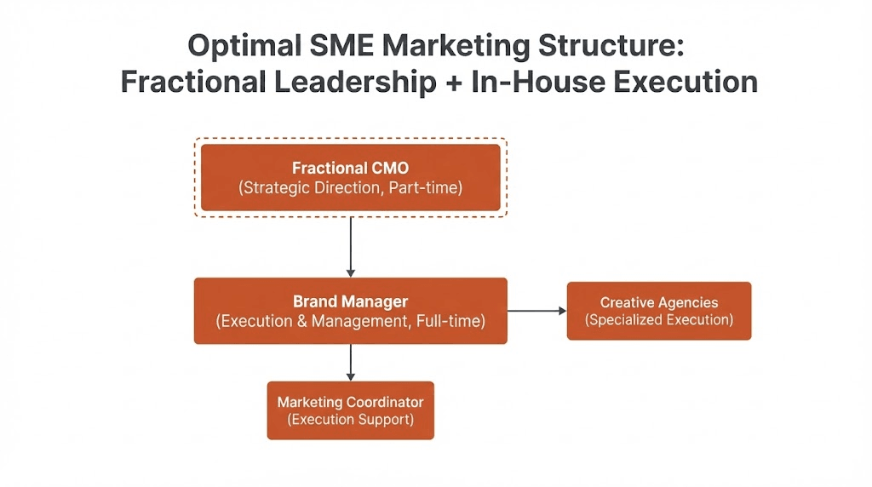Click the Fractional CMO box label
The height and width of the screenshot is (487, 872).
click(x=350, y=168)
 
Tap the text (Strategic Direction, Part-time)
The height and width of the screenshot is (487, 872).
click(x=350, y=187)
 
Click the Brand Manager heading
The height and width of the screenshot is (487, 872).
click(x=350, y=301)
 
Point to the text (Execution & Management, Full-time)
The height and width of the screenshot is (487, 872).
click(x=350, y=322)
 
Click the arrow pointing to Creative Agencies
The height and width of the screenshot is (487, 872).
click(x=536, y=311)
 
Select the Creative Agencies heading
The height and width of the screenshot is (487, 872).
click(x=659, y=302)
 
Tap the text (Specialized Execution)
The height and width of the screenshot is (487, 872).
click(x=659, y=320)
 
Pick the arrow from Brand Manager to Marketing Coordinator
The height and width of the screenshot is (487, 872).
click(x=351, y=362)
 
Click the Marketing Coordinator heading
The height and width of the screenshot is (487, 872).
click(x=350, y=402)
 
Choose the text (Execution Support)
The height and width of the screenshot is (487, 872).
click(x=350, y=420)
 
